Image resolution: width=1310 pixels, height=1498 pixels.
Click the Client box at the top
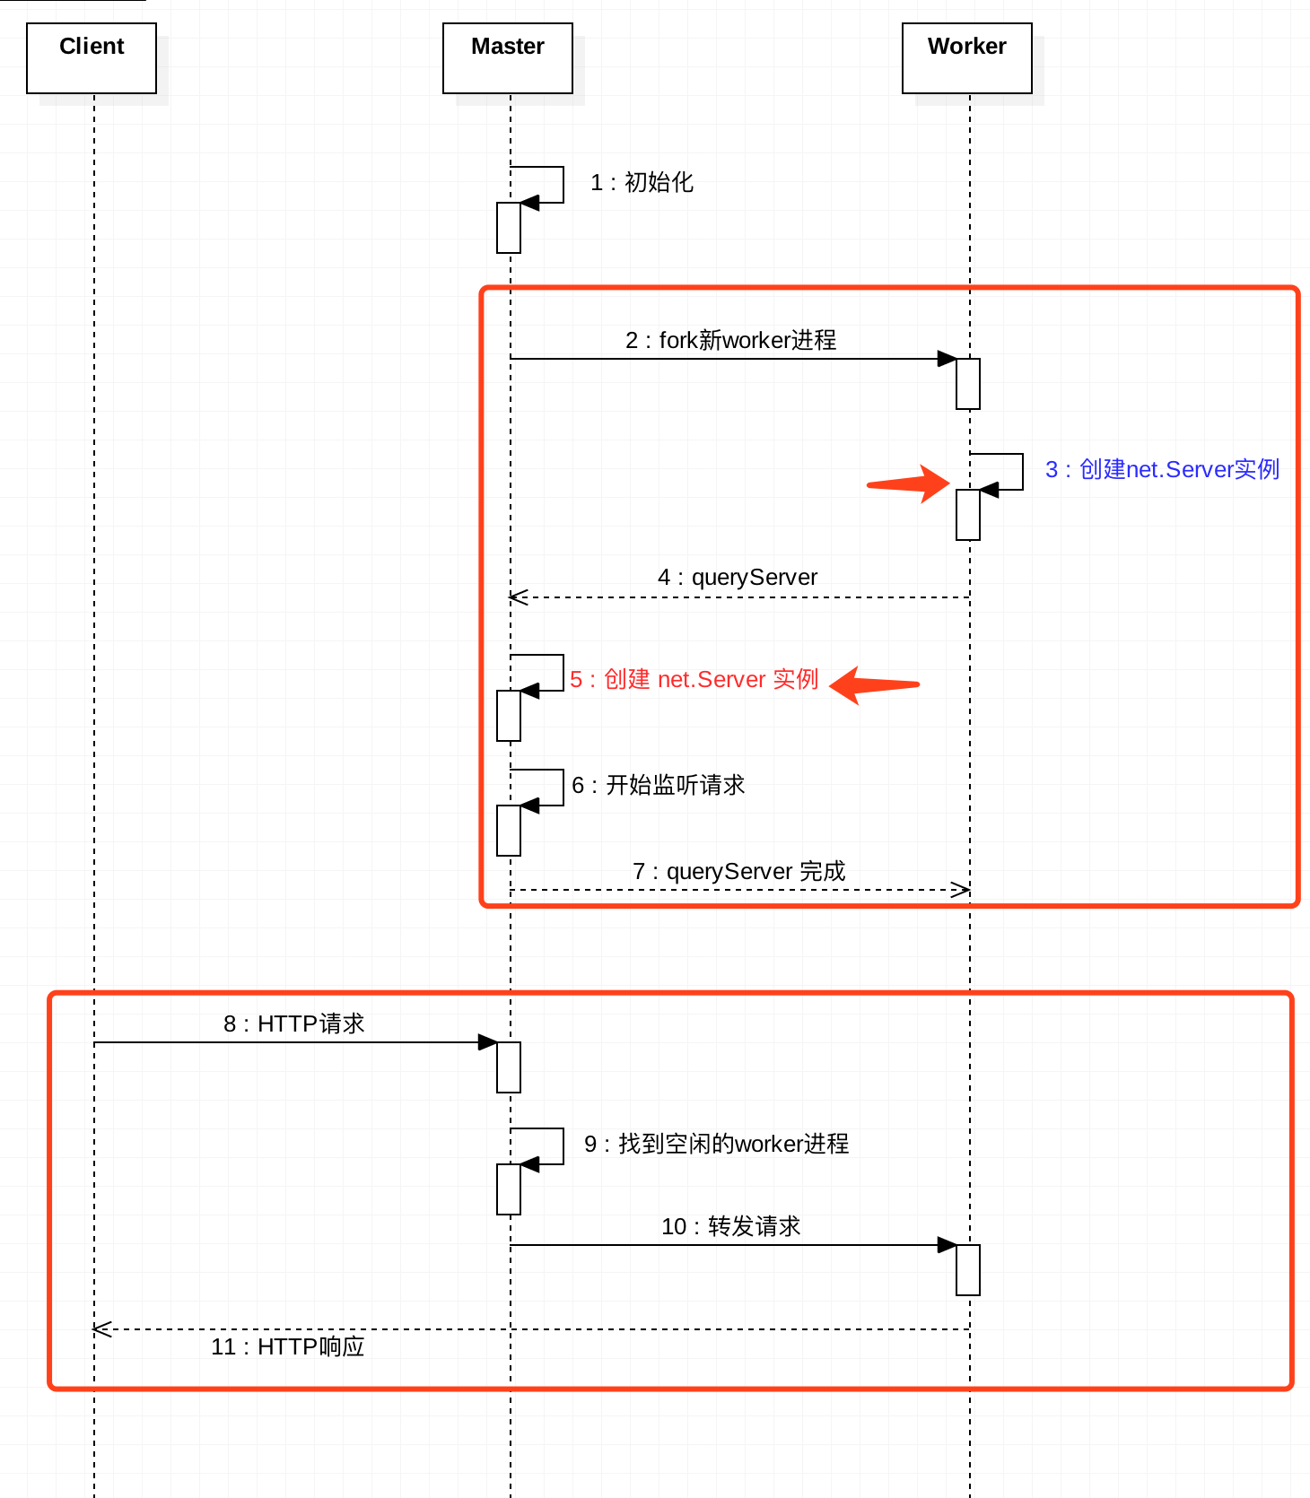(x=92, y=58)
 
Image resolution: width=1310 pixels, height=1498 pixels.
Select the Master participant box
(x=508, y=58)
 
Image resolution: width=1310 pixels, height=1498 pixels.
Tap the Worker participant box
(x=967, y=58)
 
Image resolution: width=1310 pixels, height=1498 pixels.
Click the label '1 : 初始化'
(x=642, y=183)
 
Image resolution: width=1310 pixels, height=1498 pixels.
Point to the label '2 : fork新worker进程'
(x=730, y=341)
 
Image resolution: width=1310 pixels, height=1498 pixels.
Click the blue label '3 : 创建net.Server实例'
(x=1162, y=470)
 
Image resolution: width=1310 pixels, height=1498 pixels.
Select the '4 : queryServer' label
(x=738, y=578)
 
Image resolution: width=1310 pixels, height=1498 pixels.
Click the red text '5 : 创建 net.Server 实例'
(x=694, y=680)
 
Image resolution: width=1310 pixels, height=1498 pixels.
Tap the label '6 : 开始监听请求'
(x=658, y=786)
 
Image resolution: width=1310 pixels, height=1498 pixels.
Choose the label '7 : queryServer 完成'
(x=738, y=872)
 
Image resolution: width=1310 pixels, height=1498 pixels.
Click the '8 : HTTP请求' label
(x=293, y=1024)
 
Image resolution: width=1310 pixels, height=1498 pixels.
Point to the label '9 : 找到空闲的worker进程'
(x=716, y=1145)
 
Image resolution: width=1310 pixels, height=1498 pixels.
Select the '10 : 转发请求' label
(x=730, y=1227)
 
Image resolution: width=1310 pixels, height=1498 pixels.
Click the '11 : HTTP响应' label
(x=287, y=1347)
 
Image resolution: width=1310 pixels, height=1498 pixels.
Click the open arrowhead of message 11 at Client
(x=101, y=1329)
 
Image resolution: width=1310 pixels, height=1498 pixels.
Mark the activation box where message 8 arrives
(x=509, y=1067)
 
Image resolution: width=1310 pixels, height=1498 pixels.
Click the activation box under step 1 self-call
(x=509, y=228)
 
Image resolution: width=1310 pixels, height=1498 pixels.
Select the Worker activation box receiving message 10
(x=968, y=1270)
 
